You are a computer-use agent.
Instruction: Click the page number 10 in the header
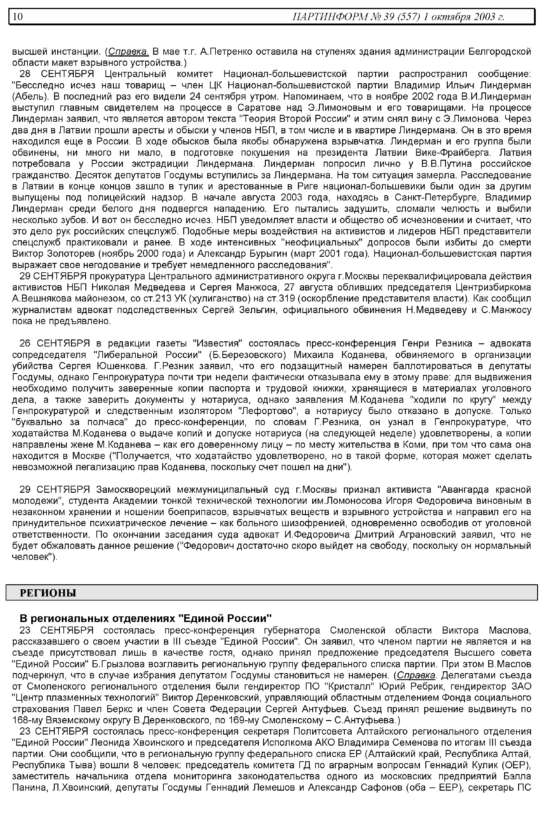point(18,16)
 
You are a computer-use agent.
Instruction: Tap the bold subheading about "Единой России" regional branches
point(146,618)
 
